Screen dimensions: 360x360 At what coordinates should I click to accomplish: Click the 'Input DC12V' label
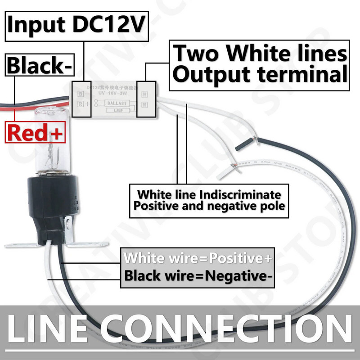pyautogui.click(x=76, y=24)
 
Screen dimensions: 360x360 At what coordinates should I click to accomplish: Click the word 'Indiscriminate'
pyautogui.click(x=243, y=195)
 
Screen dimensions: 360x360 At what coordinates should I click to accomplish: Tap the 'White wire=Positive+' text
pyautogui.click(x=198, y=259)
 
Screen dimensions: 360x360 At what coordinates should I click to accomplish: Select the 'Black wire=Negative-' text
pyautogui.click(x=198, y=275)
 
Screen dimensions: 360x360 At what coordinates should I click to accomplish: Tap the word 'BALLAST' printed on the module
pyautogui.click(x=117, y=103)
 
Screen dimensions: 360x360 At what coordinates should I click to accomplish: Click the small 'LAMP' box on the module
pyautogui.click(x=118, y=110)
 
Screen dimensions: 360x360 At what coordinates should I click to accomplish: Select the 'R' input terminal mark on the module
pyautogui.click(x=81, y=103)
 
